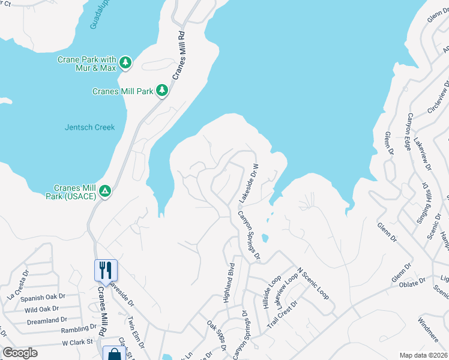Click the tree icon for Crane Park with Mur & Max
click(x=125, y=62)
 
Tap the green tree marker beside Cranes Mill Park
click(x=161, y=91)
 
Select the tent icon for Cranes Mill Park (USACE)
click(x=105, y=191)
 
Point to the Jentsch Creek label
click(x=89, y=127)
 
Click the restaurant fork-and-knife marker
click(x=106, y=269)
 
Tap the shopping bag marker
click(x=114, y=354)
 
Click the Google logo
click(x=20, y=353)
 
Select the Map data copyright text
click(x=423, y=355)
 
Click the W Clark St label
click(x=79, y=343)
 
